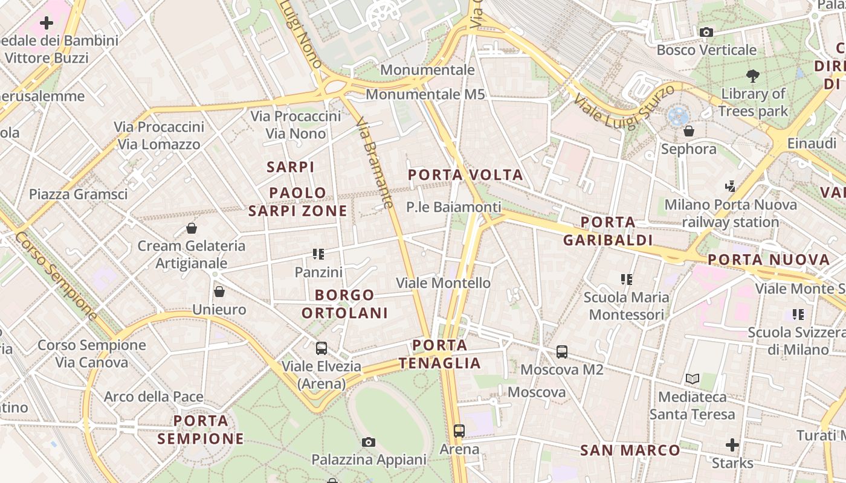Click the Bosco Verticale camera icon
(x=706, y=32)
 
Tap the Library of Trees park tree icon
(x=753, y=76)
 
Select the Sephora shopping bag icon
(x=688, y=130)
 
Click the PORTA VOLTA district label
(x=465, y=175)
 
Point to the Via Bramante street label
(x=375, y=163)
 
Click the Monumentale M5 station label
(x=425, y=94)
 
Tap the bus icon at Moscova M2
(x=562, y=351)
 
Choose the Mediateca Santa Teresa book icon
(x=693, y=379)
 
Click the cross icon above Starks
(x=732, y=446)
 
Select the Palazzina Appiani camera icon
(x=369, y=443)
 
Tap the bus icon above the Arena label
(x=459, y=431)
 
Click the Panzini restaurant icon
(x=318, y=254)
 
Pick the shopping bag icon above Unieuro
(x=219, y=292)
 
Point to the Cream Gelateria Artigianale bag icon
(x=192, y=228)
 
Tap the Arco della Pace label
(x=153, y=397)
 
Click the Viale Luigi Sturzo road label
(x=624, y=107)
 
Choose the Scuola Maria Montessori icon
(x=626, y=280)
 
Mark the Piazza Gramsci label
(x=79, y=194)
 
